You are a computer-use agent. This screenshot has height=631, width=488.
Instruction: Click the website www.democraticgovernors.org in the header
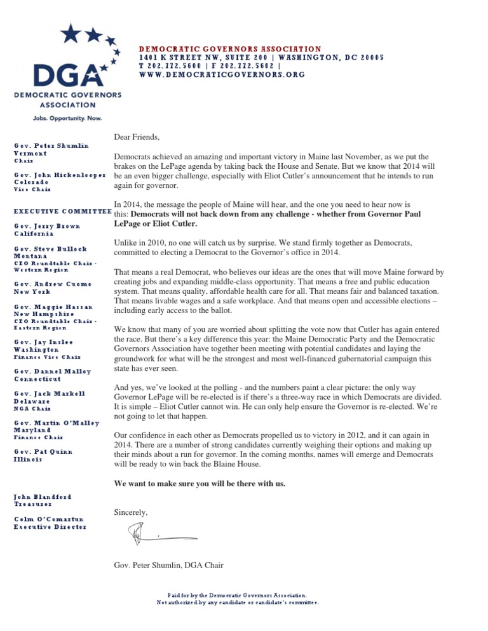click(222, 74)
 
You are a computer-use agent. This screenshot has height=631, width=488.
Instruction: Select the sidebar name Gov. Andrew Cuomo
click(53, 284)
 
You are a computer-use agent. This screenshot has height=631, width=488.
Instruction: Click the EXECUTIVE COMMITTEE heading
click(62, 210)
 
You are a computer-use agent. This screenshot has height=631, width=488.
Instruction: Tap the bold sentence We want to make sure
click(200, 484)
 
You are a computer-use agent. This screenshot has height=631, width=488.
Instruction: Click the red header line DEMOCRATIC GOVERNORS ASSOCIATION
click(230, 49)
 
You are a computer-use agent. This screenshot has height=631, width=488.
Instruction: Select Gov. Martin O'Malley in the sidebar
click(57, 422)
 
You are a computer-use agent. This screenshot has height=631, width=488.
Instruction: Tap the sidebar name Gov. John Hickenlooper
click(59, 175)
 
